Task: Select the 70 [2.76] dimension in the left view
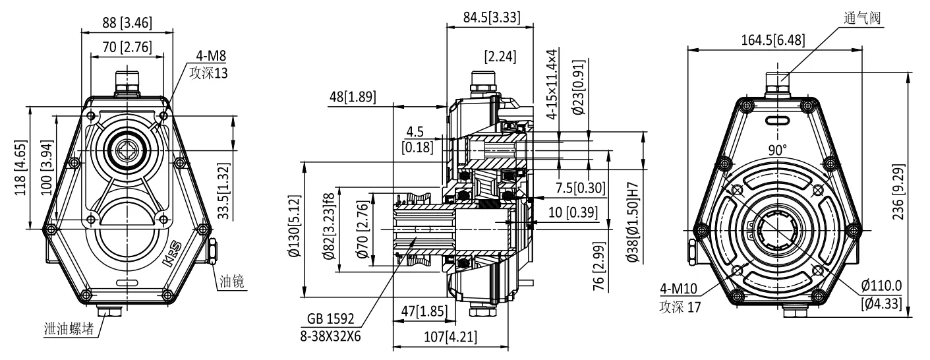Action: click(x=127, y=47)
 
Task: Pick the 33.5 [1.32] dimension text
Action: click(x=225, y=192)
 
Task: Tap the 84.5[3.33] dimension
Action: click(x=489, y=18)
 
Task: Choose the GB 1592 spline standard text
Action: click(x=330, y=319)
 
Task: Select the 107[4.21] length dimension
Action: click(x=451, y=336)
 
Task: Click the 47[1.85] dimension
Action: click(x=422, y=311)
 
